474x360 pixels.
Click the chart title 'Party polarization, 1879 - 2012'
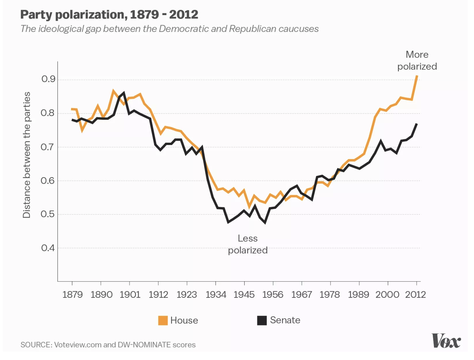pyautogui.click(x=109, y=15)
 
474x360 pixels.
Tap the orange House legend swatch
pyautogui.click(x=163, y=320)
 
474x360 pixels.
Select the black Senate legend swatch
pyautogui.click(x=262, y=320)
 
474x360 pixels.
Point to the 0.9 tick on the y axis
pyautogui.click(x=48, y=79)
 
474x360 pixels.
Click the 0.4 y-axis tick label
pyautogui.click(x=48, y=248)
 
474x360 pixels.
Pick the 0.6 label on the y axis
pyautogui.click(x=48, y=181)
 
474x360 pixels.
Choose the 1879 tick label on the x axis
pyautogui.click(x=72, y=294)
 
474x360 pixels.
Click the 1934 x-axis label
pyautogui.click(x=216, y=294)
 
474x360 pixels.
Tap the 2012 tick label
pyautogui.click(x=415, y=294)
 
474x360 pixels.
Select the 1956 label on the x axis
pyautogui.click(x=273, y=294)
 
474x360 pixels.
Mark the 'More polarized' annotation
pyautogui.click(x=417, y=60)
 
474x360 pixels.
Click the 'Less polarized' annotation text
pyautogui.click(x=248, y=244)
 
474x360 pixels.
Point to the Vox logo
pyautogui.click(x=446, y=341)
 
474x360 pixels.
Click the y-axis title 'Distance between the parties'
pyautogui.click(x=27, y=155)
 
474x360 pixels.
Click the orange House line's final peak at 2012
pyautogui.click(x=417, y=76)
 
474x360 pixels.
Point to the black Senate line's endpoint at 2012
pyautogui.click(x=417, y=124)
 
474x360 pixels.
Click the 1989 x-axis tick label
pyautogui.click(x=358, y=294)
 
